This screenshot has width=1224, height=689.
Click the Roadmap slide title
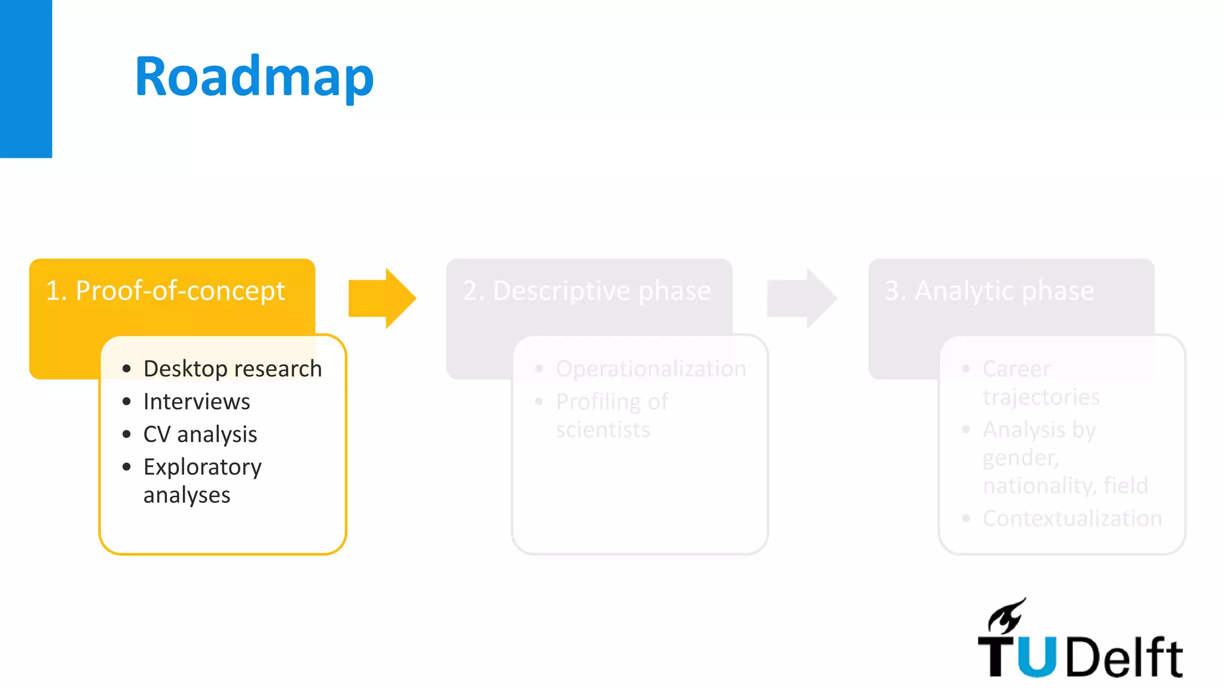[x=254, y=77]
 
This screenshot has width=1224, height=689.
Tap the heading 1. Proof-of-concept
[x=166, y=291]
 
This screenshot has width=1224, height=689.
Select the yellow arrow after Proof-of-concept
[x=382, y=298]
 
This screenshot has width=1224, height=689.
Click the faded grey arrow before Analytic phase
[x=801, y=298]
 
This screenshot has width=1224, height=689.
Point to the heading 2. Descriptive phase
[x=586, y=291]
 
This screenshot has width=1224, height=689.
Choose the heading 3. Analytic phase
[x=989, y=291]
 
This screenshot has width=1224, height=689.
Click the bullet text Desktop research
[x=232, y=369]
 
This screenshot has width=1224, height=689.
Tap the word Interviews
[x=197, y=401]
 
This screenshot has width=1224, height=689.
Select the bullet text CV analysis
[x=200, y=434]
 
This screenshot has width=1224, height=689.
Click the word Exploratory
[x=203, y=467]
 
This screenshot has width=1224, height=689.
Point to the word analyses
[x=186, y=495]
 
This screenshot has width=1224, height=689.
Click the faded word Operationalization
[x=651, y=369]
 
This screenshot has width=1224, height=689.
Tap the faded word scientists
[x=602, y=429]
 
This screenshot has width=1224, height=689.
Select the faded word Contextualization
[x=1072, y=519]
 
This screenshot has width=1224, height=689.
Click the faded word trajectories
[x=1041, y=397]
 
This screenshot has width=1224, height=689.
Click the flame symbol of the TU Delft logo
[x=1006, y=616]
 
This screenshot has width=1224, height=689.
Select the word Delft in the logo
[x=1124, y=657]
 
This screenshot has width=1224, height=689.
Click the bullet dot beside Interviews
[x=126, y=401]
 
